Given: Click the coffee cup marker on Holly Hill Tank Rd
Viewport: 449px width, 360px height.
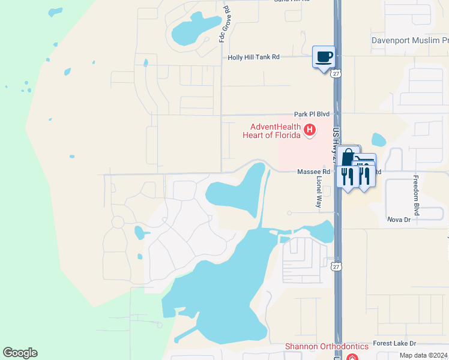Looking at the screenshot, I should (x=324, y=57).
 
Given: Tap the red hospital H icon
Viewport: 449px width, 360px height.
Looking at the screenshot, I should (x=310, y=129).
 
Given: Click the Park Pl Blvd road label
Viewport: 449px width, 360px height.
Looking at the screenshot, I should (x=312, y=113).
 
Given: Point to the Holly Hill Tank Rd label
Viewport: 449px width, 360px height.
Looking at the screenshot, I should (x=254, y=58).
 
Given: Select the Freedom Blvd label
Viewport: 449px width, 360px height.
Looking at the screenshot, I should (x=415, y=196).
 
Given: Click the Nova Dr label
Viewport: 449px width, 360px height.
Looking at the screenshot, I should (x=399, y=220).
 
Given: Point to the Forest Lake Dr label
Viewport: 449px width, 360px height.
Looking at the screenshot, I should (x=394, y=344).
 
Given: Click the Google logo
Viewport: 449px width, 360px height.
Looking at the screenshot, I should (x=20, y=353).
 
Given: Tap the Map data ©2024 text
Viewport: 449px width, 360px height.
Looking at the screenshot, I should (x=423, y=355).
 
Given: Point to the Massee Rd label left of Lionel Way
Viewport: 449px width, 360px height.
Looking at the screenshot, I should (x=310, y=172).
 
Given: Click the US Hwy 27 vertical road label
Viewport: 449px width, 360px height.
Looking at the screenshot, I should (x=336, y=144).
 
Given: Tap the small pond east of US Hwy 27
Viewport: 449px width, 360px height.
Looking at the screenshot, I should (x=379, y=140).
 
